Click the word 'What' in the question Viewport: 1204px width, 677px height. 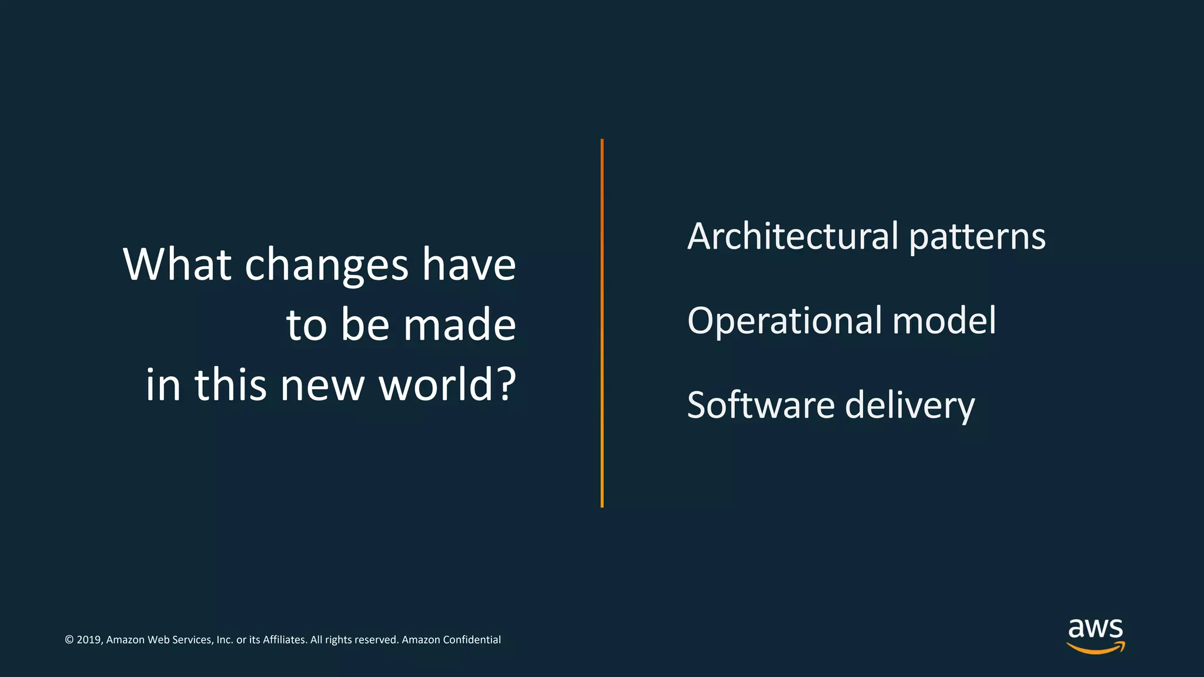(177, 264)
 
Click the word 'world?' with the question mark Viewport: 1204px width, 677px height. (447, 385)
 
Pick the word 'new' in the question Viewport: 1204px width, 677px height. (322, 387)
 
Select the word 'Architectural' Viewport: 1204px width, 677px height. (793, 236)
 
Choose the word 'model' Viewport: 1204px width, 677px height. (944, 321)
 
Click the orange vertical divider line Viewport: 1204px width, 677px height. (602, 323)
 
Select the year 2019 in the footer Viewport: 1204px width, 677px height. (89, 640)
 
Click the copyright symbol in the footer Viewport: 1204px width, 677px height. (69, 640)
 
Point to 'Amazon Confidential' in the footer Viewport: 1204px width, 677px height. (451, 640)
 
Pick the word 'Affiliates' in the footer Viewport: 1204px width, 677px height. (285, 640)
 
